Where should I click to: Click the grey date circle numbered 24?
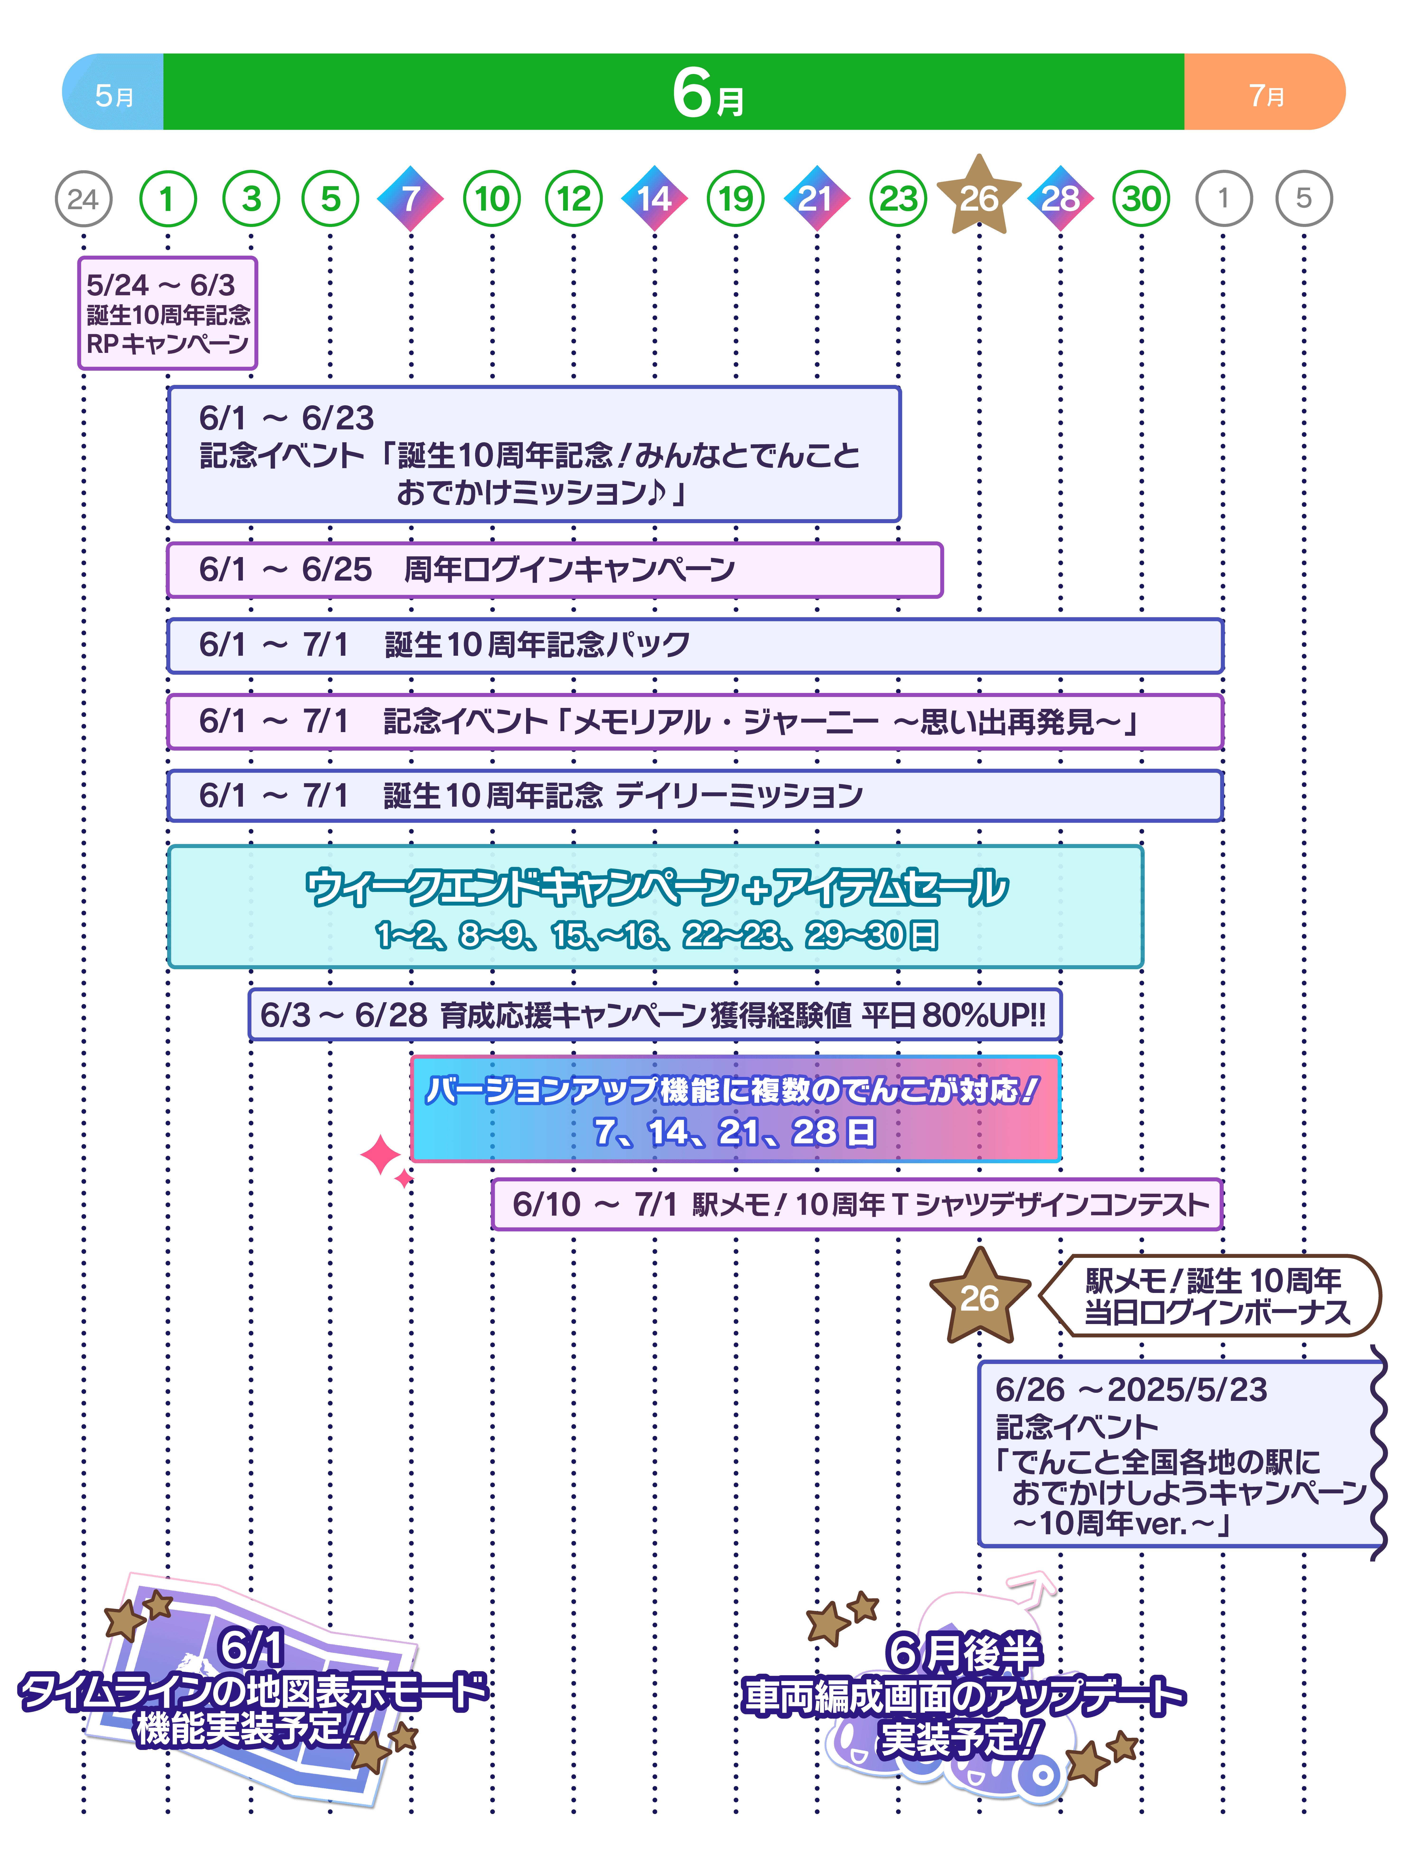point(83,199)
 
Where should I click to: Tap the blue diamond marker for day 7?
point(410,199)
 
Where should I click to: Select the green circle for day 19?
point(736,199)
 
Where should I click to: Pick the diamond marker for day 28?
point(1060,199)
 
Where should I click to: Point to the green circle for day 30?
point(1140,199)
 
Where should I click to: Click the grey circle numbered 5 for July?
point(1303,199)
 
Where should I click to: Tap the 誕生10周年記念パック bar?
point(694,645)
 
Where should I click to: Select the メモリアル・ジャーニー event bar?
point(694,721)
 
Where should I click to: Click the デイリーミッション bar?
point(694,795)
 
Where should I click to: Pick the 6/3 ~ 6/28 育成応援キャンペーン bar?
point(654,1015)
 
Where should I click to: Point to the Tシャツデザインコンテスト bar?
point(857,1204)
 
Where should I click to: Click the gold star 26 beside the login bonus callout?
point(979,1297)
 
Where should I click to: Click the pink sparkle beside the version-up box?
point(382,1156)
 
